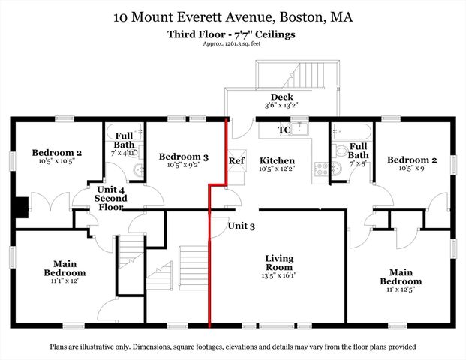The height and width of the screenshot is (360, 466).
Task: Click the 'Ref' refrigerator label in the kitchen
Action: (x=236, y=161)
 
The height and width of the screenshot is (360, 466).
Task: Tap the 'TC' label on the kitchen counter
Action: (x=284, y=130)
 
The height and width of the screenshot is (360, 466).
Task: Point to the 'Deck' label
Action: (x=281, y=97)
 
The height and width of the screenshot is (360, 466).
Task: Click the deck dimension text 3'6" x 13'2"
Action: (x=281, y=106)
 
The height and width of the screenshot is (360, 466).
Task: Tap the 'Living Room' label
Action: (x=279, y=263)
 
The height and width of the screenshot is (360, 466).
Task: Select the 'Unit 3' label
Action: (x=242, y=226)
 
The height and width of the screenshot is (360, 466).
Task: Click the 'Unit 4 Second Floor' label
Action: (x=111, y=199)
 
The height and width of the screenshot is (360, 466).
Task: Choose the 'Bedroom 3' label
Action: (x=179, y=157)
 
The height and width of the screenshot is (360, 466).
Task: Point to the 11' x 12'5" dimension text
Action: (x=400, y=281)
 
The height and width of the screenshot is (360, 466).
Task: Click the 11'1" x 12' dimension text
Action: (x=64, y=280)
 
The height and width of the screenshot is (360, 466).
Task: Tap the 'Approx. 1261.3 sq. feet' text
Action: (x=233, y=43)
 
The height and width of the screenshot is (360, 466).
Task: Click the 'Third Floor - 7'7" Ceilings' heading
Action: (x=233, y=34)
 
